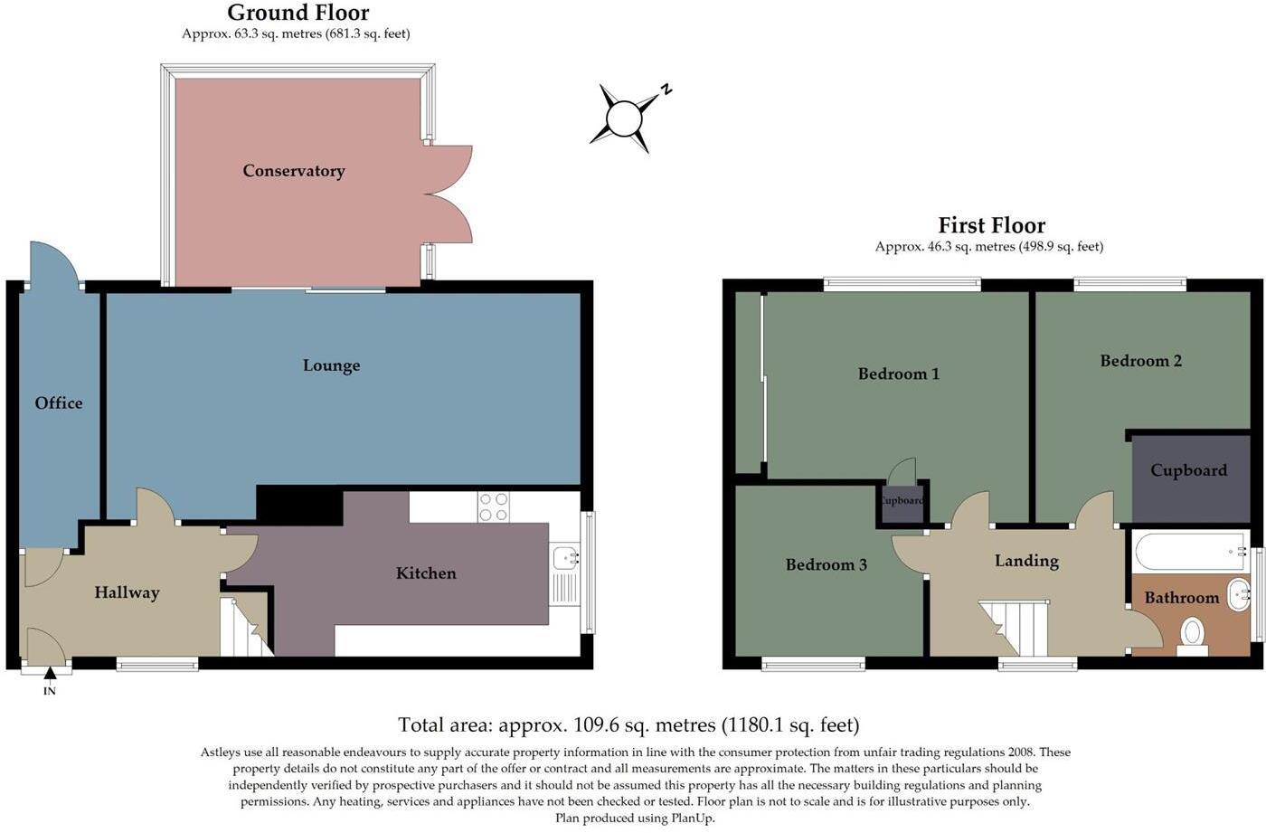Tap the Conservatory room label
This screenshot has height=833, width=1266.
coord(294,171)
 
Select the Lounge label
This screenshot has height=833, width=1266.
coord(331,365)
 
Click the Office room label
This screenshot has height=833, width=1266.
coord(59,403)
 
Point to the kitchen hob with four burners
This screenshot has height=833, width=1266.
coord(494,506)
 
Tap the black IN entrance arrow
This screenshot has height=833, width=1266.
coord(50,673)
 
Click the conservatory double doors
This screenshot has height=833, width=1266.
coord(449,194)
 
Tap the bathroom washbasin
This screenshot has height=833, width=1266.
coord(1237,594)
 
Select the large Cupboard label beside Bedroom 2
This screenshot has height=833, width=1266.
coord(1188,470)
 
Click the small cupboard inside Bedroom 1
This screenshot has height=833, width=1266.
coord(901,502)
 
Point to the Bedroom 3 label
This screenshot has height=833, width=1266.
coord(826,565)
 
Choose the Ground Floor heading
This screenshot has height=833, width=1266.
coord(298,13)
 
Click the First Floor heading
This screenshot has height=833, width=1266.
coord(991,225)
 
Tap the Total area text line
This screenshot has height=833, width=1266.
coord(628,724)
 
